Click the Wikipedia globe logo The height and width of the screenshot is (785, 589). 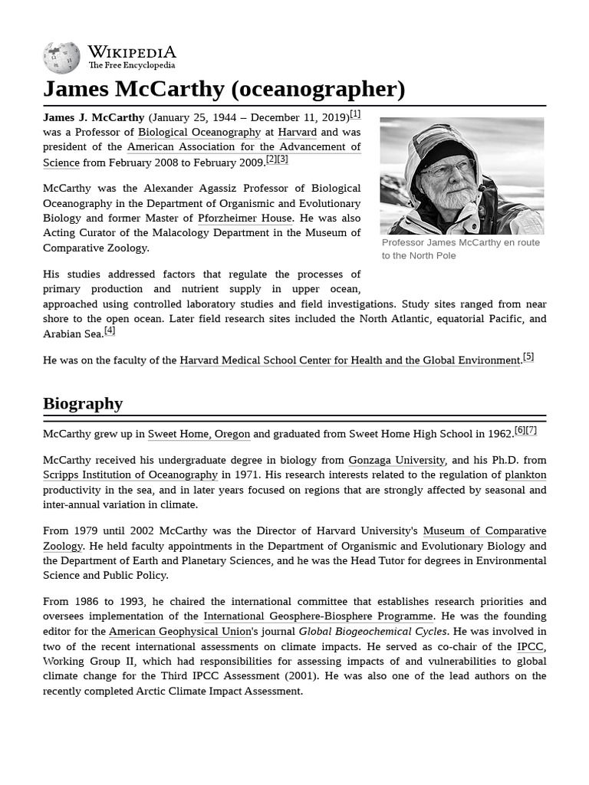click(62, 57)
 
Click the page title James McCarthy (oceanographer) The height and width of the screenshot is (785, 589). click(224, 89)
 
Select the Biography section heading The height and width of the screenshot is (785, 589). click(83, 403)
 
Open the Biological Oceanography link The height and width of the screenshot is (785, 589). click(199, 132)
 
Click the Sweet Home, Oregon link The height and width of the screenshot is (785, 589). click(199, 434)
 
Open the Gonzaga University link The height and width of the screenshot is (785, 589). click(397, 460)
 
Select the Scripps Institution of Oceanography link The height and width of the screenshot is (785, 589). click(130, 475)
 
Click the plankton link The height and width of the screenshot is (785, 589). click(525, 475)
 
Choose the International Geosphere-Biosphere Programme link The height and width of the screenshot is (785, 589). click(318, 616)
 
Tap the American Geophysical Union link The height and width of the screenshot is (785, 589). click(180, 632)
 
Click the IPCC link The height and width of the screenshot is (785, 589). click(530, 646)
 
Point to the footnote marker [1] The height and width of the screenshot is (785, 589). click(355, 114)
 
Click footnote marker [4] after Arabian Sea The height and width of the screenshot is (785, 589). click(110, 330)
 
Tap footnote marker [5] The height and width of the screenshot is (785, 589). click(528, 356)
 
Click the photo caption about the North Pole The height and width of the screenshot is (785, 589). click(460, 249)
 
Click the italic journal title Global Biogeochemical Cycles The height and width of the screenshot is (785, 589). click(372, 632)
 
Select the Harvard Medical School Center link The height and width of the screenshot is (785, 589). click(350, 360)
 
